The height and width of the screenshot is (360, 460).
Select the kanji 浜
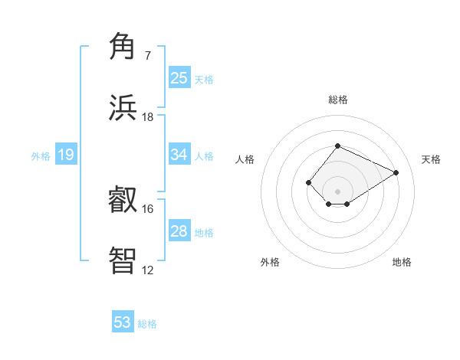point(123,107)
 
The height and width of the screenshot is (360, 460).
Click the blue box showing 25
point(179,77)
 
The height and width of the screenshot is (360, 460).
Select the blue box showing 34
point(179,155)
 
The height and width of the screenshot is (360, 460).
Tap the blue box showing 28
point(179,231)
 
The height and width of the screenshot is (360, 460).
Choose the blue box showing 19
point(65,155)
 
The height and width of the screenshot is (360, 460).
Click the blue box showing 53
point(123,322)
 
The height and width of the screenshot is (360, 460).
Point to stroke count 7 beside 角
point(147,56)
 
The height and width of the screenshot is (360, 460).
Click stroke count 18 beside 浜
point(147,117)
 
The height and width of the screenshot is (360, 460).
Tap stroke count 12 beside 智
point(147,270)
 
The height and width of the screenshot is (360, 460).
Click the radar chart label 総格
point(337,100)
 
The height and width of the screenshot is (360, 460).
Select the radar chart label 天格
point(431,159)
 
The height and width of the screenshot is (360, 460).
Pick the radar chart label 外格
point(270,262)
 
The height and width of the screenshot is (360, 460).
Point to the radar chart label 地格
point(402,262)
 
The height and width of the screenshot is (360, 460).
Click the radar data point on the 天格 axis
point(396,172)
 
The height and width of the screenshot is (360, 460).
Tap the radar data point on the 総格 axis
point(337,146)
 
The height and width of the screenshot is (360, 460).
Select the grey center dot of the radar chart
point(337,191)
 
